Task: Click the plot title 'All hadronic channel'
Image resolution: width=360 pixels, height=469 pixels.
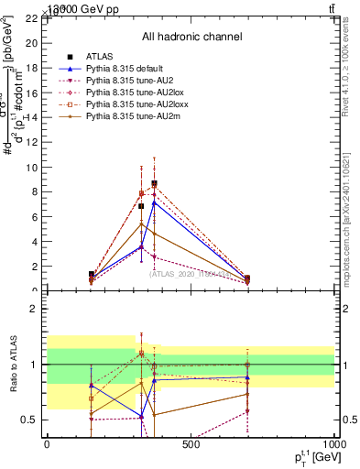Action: coord(191,37)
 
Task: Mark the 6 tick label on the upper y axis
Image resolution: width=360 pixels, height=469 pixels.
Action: coord(35,217)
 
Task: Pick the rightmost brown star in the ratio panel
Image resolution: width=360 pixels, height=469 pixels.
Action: coord(248,394)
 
